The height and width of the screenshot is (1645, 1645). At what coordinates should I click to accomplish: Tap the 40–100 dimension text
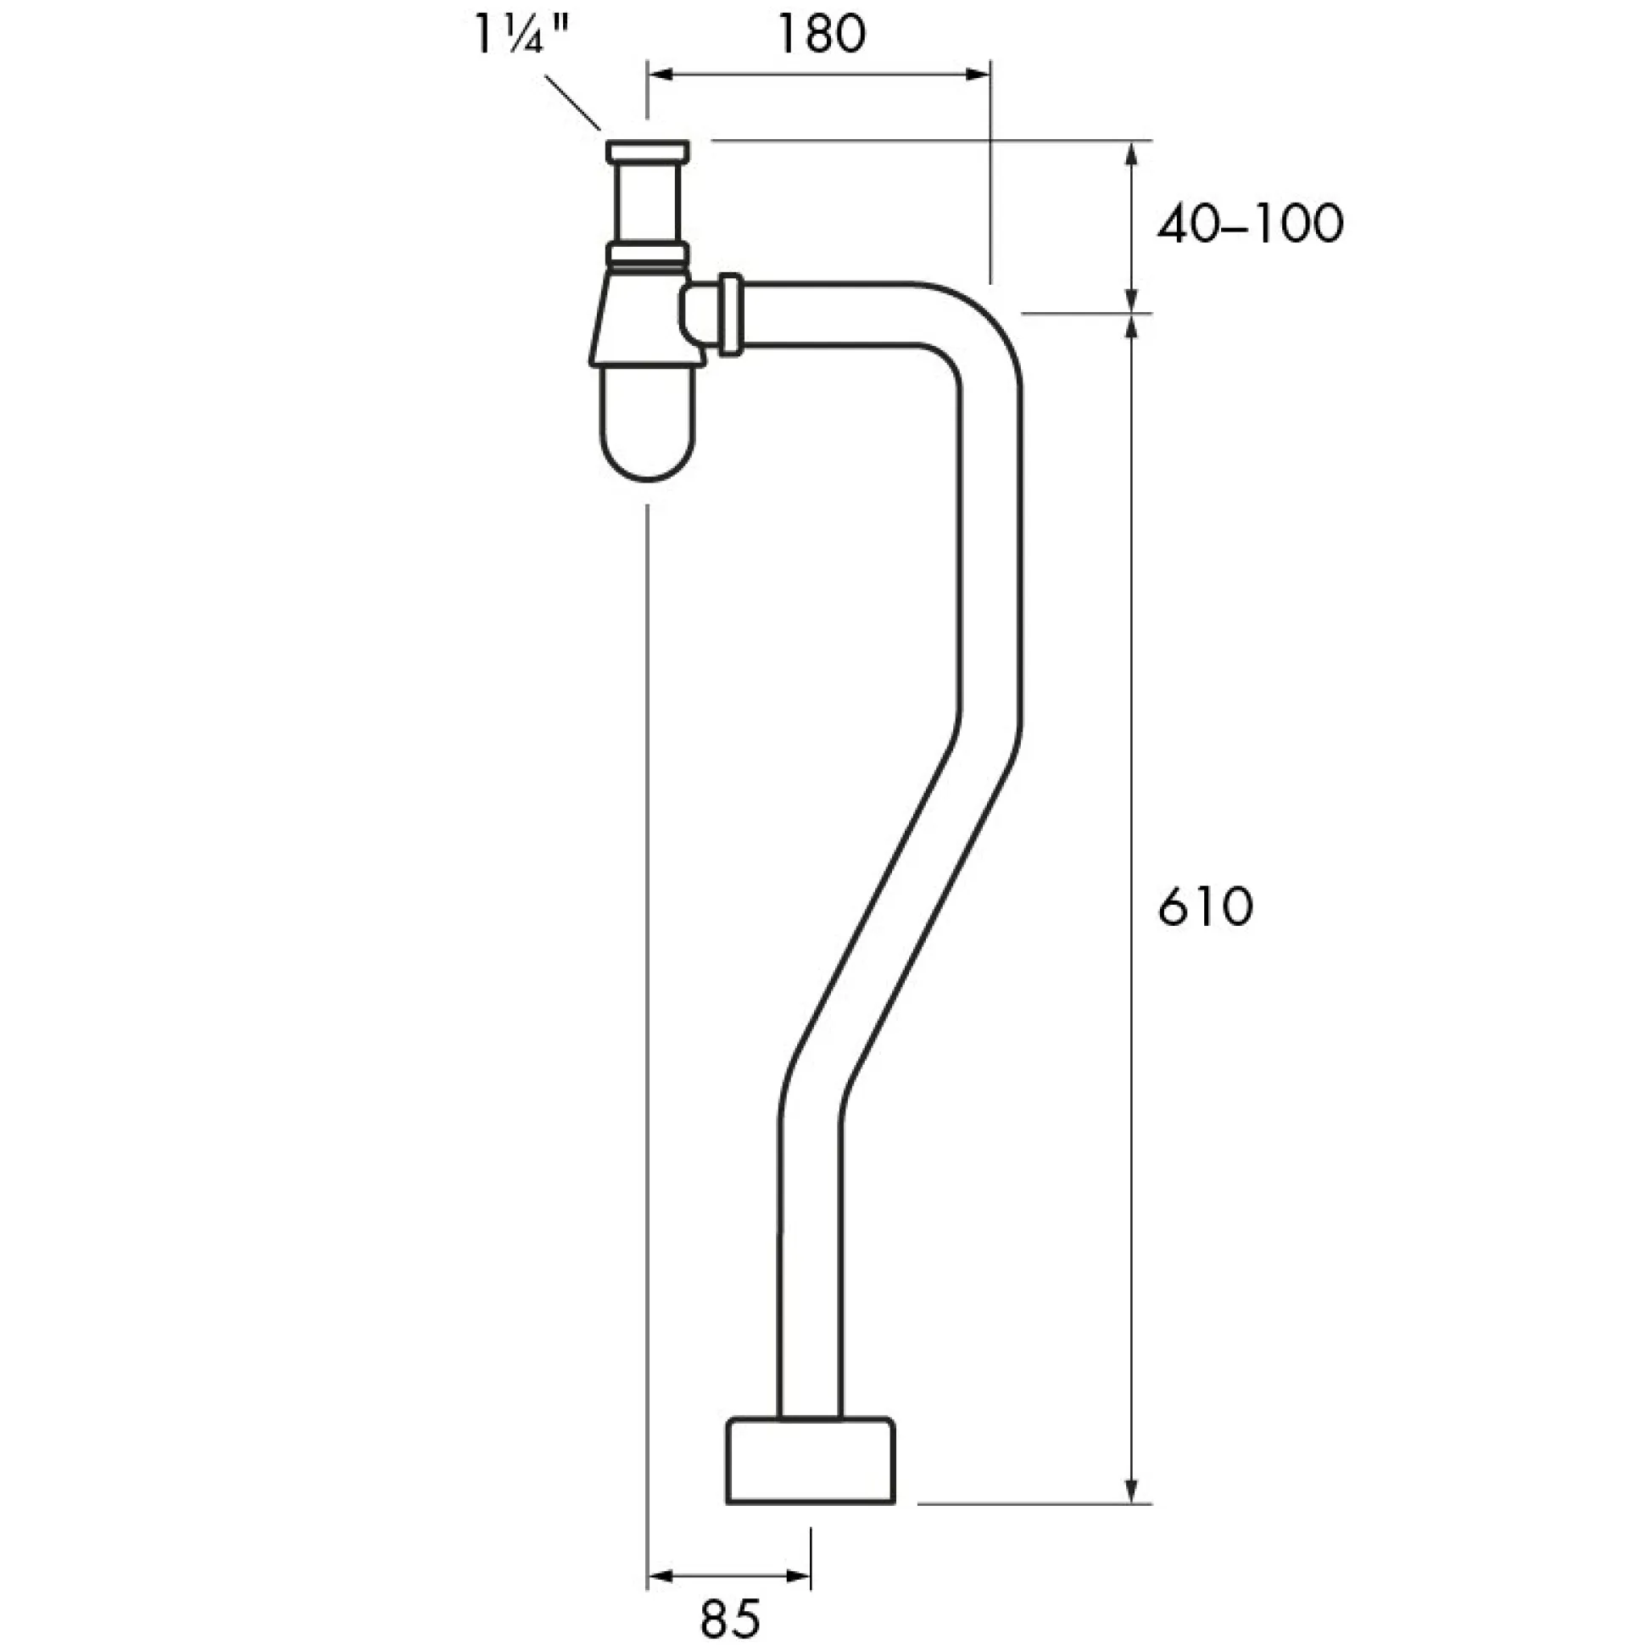1249,225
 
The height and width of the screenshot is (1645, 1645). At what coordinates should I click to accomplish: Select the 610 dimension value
1205,906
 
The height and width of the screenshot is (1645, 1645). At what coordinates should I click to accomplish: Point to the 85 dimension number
729,1617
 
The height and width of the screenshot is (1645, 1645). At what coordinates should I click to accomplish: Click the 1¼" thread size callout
521,36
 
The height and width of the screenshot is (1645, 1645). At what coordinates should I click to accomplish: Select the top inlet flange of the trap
647,153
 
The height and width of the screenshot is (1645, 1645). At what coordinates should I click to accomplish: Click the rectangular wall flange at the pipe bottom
810,1460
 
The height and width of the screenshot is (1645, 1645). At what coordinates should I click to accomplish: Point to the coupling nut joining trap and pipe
731,315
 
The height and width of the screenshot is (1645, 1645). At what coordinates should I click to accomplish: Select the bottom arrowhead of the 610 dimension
1132,1490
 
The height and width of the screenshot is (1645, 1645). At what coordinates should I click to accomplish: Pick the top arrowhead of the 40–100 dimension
1132,154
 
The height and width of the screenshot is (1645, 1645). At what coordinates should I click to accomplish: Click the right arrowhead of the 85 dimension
798,1578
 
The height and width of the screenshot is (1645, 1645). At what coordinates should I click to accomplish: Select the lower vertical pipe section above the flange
810,1260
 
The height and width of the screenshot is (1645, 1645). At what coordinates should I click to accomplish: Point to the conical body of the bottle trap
647,320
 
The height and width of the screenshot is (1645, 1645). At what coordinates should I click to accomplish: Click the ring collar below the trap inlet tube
647,254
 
